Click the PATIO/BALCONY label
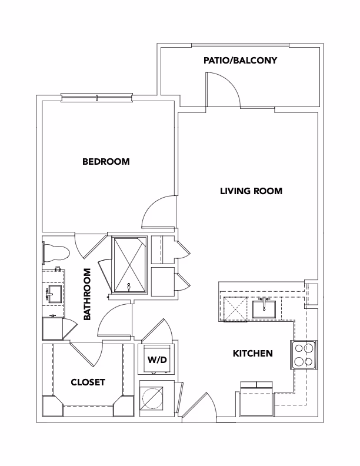coord(239,61)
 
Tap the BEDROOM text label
coord(106,162)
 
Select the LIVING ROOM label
coord(251,191)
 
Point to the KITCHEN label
coord(253,354)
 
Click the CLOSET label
coord(88,382)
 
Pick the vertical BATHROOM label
coord(88,294)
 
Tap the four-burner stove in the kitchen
coord(303,355)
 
